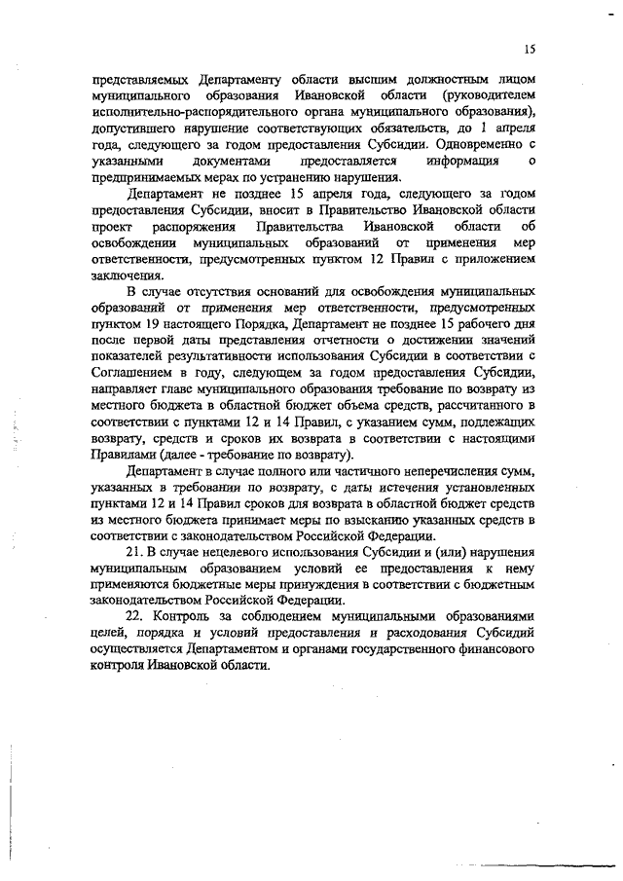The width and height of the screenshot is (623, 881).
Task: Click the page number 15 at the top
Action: [x=529, y=47]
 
